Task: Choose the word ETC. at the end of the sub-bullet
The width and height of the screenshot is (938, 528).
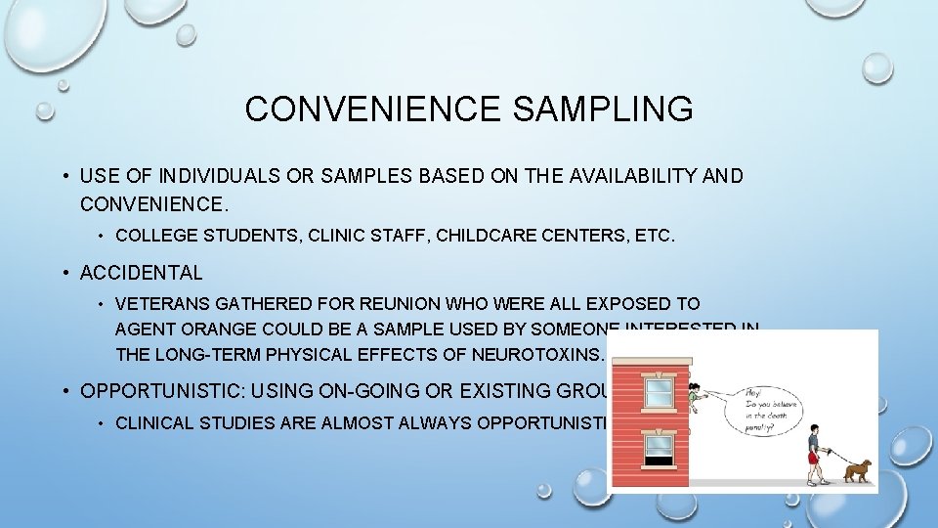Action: point(652,236)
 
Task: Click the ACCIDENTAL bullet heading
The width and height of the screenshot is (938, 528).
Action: point(141,273)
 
